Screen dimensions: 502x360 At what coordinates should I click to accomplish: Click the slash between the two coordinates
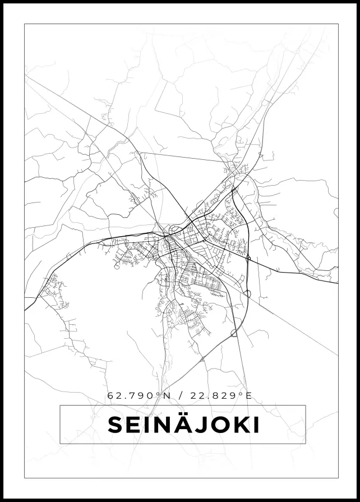point(179,395)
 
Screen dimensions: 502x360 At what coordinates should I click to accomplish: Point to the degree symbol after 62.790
point(159,394)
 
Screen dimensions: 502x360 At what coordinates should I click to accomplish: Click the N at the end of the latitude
point(167,395)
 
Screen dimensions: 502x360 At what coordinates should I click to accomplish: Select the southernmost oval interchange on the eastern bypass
point(234,333)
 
